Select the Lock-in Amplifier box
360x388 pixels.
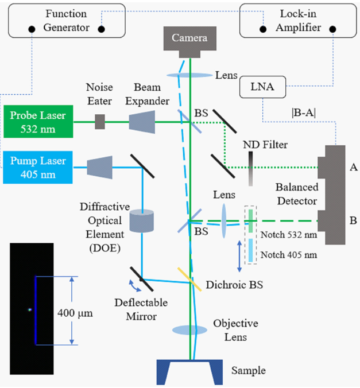(297, 21)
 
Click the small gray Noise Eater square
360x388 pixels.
(100, 122)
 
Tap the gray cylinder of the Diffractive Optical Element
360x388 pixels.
(142, 221)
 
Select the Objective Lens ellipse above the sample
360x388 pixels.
(190, 330)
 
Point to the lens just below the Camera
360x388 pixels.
(190, 75)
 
